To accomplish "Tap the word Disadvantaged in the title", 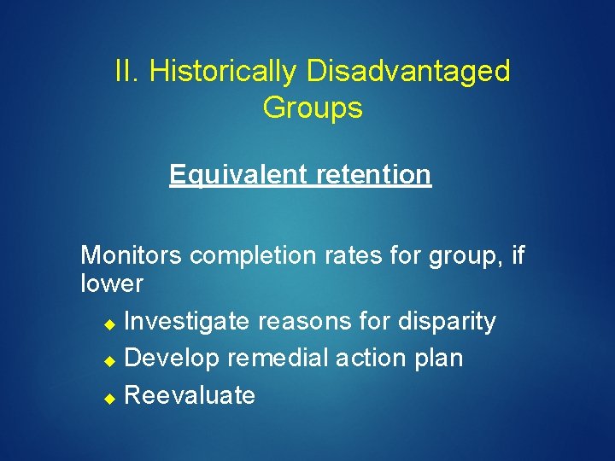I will click(408, 71).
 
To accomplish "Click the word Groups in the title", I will click(313, 108).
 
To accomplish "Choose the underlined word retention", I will click(374, 174).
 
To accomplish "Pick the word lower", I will click(111, 283).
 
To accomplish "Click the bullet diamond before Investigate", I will click(108, 323).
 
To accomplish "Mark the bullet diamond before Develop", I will click(108, 359).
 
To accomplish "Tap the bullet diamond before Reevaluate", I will click(108, 397).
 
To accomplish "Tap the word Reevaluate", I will click(190, 395).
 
